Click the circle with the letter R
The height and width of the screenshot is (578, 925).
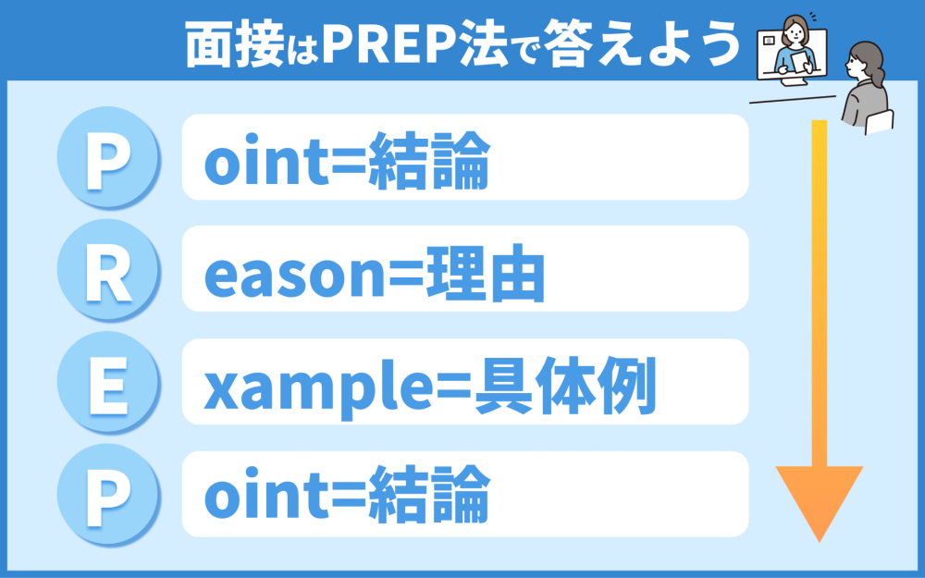click(x=108, y=269)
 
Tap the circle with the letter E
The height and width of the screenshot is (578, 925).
click(x=108, y=382)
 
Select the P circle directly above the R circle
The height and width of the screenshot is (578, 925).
click(x=108, y=157)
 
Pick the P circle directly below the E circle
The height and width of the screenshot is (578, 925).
click(x=108, y=494)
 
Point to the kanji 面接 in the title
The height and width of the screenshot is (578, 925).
click(x=235, y=44)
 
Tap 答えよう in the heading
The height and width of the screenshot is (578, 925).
click(x=641, y=44)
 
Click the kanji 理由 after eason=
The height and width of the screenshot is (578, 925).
click(x=485, y=274)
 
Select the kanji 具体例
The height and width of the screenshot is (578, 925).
click(x=565, y=387)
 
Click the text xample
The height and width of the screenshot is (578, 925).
click(x=315, y=390)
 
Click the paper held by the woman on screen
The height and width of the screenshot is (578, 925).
click(x=800, y=62)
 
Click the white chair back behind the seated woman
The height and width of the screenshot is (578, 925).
click(x=880, y=121)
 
